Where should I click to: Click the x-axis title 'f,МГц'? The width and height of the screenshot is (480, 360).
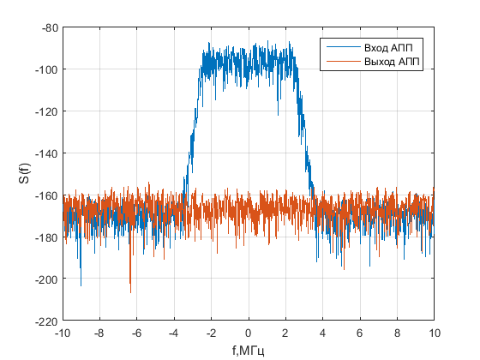(249, 351)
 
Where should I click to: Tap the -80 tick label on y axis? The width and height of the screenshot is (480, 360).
(47, 27)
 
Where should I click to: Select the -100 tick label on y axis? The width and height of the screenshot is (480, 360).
(45, 69)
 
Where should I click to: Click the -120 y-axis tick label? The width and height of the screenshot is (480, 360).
(45, 111)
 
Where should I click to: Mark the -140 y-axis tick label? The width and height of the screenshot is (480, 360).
(45, 153)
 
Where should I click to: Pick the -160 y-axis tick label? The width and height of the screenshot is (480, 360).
(45, 195)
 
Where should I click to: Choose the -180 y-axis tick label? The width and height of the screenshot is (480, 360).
(45, 237)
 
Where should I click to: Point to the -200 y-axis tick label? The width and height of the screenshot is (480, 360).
(45, 279)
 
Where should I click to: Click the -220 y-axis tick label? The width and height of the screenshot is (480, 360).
(45, 321)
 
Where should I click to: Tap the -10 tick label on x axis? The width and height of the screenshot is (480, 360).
(63, 333)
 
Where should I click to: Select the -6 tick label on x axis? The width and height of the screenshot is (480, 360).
(137, 333)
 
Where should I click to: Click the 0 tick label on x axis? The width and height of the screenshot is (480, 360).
(249, 333)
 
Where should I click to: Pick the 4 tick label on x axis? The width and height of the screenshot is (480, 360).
(323, 333)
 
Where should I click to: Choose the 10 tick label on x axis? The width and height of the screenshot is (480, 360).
(435, 333)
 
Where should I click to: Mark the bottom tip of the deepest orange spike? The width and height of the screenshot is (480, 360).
(130, 292)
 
